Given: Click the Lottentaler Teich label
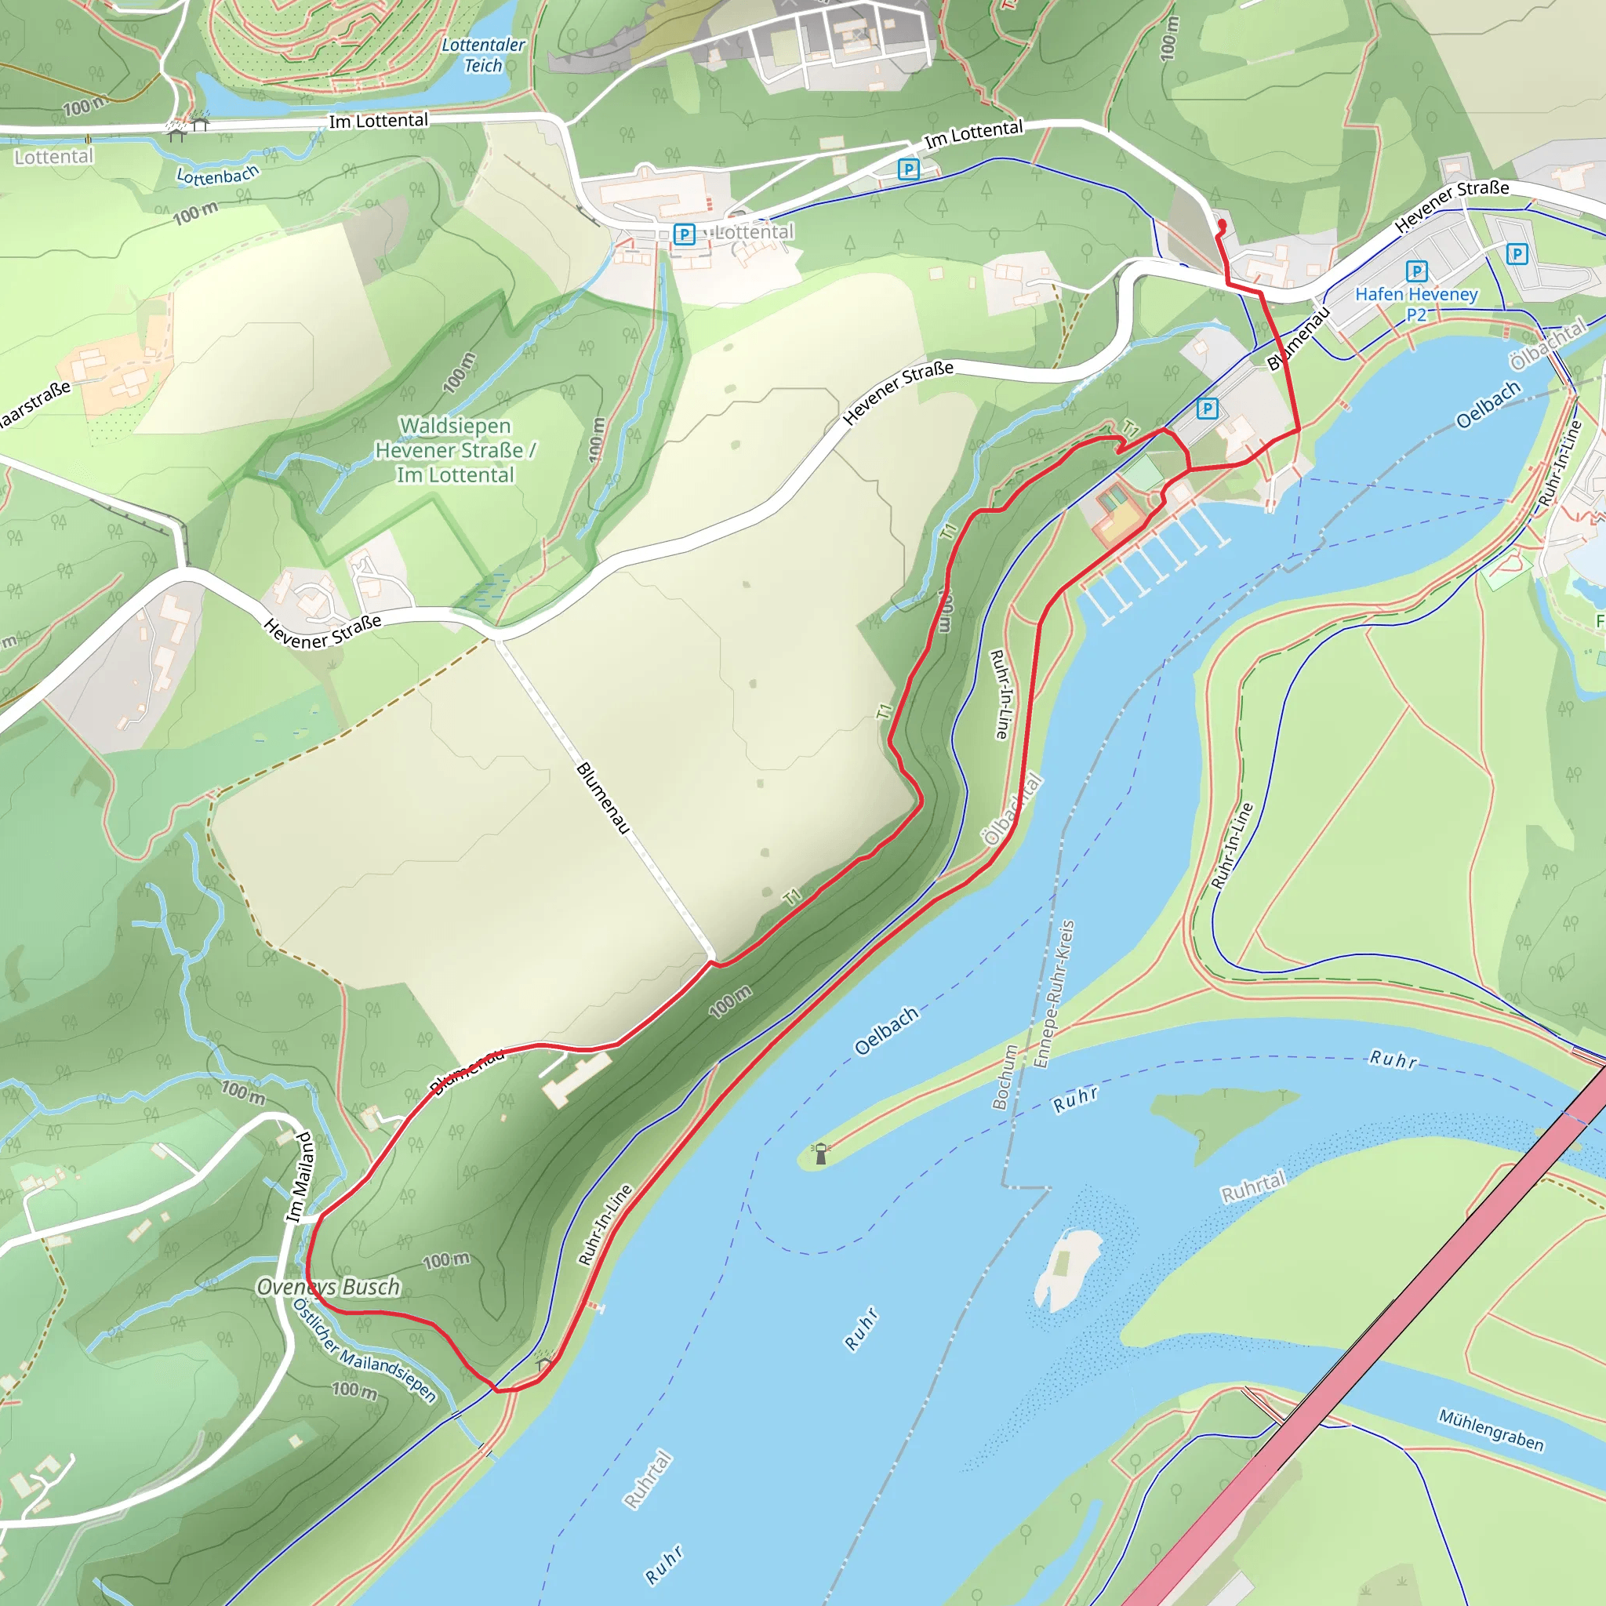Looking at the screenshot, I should click(483, 55).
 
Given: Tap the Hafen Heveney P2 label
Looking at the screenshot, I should click(1416, 303).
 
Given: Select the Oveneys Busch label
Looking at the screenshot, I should click(329, 1287).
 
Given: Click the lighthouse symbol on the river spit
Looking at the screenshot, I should click(821, 1154).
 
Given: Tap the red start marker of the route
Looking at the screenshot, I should click(1221, 224).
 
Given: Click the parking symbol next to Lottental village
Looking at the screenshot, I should click(684, 234).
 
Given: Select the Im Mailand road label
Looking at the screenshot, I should click(301, 1177).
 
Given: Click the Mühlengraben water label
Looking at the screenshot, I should click(1492, 1429).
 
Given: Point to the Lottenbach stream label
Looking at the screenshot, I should click(218, 176).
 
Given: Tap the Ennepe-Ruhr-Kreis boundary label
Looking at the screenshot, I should click(1054, 994).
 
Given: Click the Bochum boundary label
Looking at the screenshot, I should click(1005, 1077).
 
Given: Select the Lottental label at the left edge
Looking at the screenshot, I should click(54, 156).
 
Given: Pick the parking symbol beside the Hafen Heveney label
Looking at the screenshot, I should click(1416, 271).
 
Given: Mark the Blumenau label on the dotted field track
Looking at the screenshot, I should click(604, 798).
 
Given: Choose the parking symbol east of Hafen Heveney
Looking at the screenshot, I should click(1517, 253).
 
